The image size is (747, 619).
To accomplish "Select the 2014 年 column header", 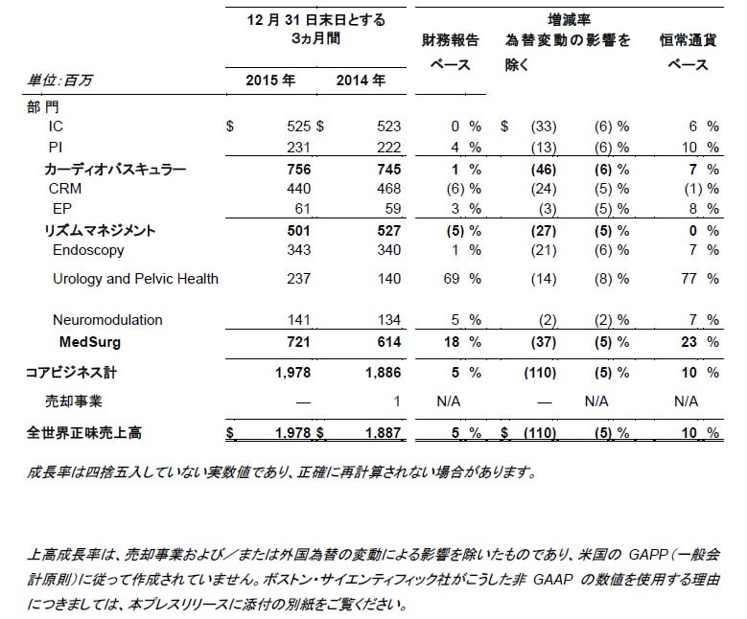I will [x=361, y=80].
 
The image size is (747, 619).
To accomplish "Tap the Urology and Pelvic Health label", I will [x=135, y=279].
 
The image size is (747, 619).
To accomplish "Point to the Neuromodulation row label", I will [x=107, y=320].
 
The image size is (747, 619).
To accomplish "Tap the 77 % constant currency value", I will [x=698, y=279].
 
